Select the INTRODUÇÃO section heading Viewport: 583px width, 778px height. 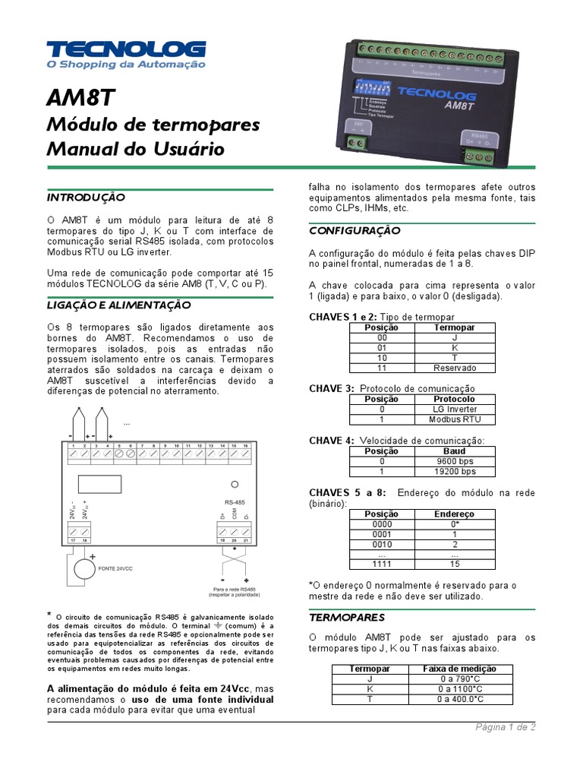(86, 197)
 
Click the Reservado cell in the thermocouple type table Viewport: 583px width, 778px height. (455, 368)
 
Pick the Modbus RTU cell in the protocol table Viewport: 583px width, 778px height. (455, 419)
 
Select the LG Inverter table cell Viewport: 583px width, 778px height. (455, 409)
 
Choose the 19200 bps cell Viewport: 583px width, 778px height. (455, 471)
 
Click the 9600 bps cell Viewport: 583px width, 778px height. (455, 461)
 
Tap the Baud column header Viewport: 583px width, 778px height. (455, 451)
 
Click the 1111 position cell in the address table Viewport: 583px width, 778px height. (382, 564)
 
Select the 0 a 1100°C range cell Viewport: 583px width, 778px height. (459, 689)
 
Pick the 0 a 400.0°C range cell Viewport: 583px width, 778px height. (459, 699)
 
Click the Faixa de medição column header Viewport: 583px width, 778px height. (459, 669)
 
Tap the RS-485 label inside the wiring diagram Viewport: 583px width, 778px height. (235, 502)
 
